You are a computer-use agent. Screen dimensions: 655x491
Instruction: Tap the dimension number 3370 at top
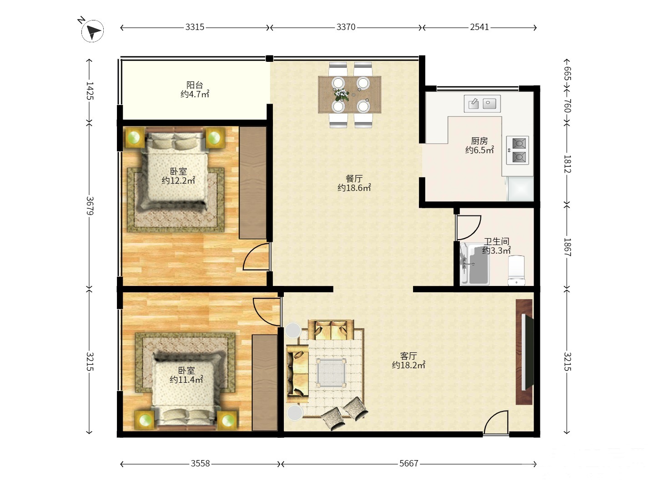click(346, 27)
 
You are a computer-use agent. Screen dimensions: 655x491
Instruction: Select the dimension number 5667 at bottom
click(408, 463)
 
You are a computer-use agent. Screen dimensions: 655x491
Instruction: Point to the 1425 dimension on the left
click(90, 90)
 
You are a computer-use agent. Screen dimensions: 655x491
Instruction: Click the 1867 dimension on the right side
click(567, 247)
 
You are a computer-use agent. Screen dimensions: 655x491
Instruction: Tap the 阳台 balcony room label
click(195, 85)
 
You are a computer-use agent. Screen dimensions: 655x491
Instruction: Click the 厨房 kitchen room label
click(479, 140)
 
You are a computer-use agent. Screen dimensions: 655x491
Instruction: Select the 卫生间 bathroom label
click(496, 241)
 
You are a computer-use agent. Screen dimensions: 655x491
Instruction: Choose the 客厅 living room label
click(408, 356)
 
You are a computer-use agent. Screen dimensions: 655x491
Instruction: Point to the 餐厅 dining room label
click(354, 178)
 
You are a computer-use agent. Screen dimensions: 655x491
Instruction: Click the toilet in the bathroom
click(516, 270)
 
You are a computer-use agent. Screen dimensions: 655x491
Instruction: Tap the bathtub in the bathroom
click(474, 264)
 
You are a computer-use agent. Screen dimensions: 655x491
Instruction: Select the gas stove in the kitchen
click(518, 150)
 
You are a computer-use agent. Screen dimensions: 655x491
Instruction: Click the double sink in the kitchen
click(482, 104)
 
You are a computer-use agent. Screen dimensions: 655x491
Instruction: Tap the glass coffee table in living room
click(331, 373)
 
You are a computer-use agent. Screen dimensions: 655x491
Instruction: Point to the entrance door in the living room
click(496, 423)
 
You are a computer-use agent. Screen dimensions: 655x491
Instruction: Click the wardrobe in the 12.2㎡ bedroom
click(253, 183)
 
